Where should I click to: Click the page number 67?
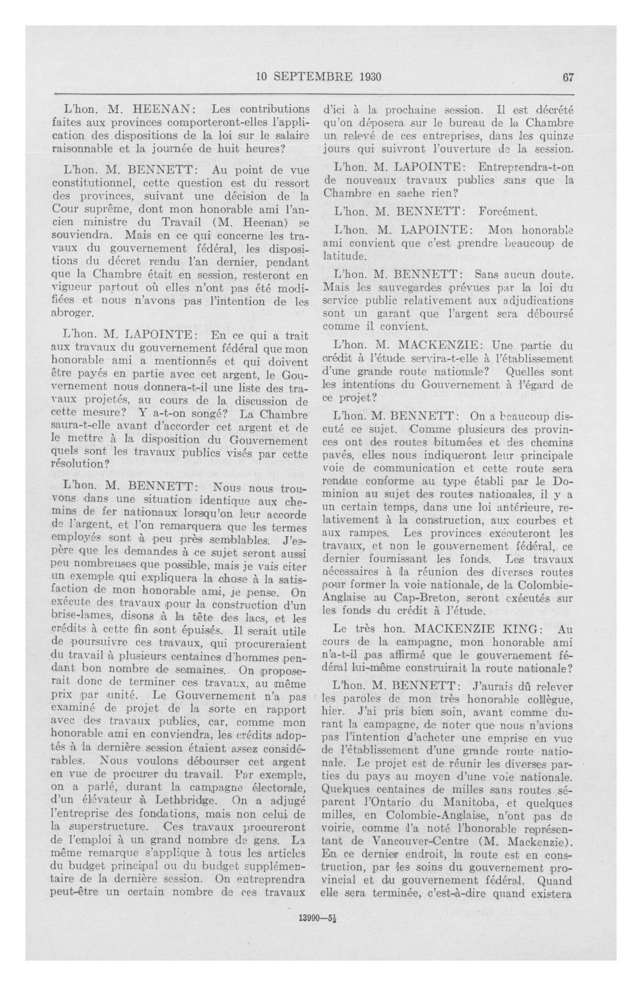point(567,77)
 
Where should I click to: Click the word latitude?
point(344,256)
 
